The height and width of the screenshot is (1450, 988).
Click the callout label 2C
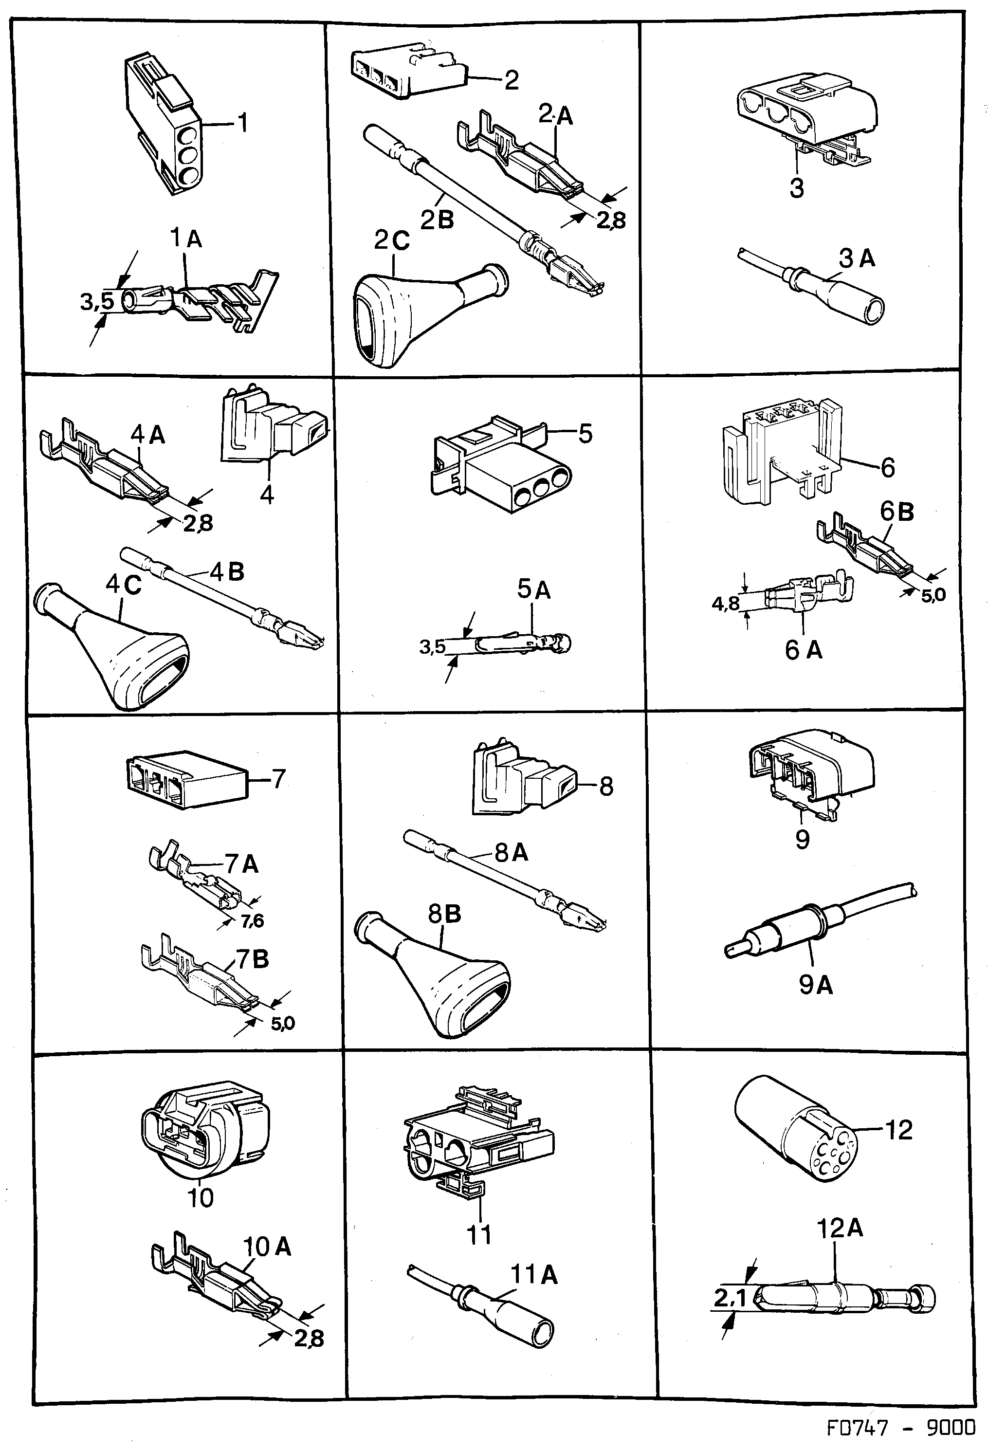point(392,240)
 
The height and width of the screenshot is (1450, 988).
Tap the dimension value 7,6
point(253,920)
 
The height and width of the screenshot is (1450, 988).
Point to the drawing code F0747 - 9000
point(901,1428)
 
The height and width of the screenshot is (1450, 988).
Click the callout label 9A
point(815,985)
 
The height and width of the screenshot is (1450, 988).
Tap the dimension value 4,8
point(725,604)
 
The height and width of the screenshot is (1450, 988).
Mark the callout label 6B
point(897,512)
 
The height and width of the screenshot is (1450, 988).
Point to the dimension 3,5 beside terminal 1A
point(97,302)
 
